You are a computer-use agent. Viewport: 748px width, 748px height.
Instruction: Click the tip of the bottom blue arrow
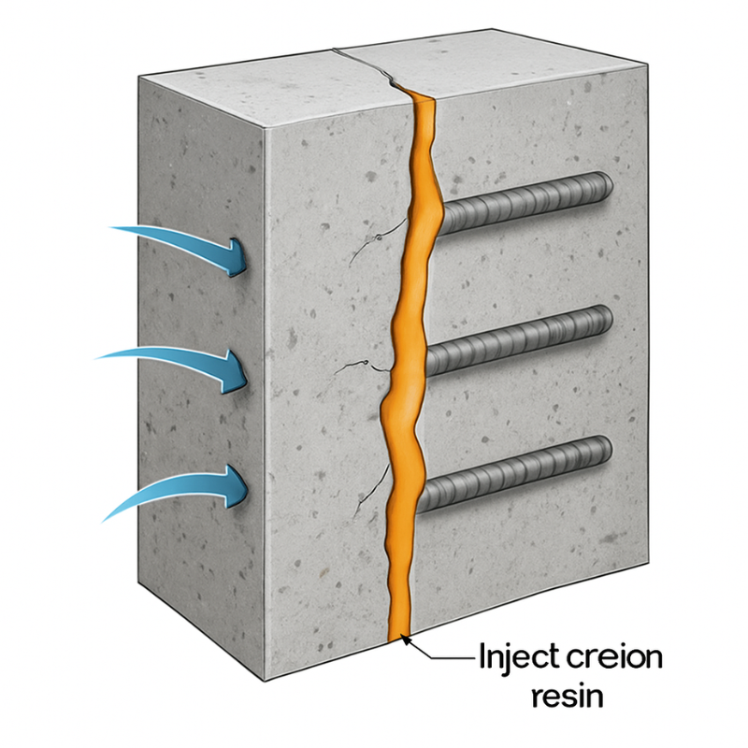coord(249,486)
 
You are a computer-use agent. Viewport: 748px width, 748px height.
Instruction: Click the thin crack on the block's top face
coord(369,65)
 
